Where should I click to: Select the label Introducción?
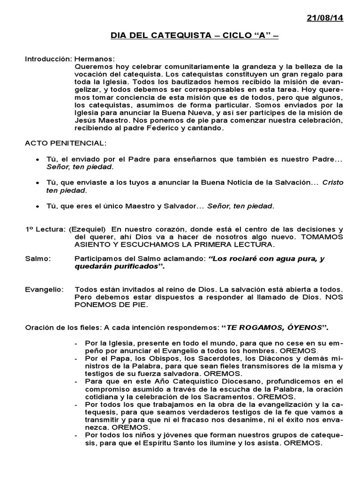click(48, 60)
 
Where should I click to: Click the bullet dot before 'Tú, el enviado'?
click(37, 160)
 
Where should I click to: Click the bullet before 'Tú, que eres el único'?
click(37, 206)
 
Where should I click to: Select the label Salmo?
click(38, 259)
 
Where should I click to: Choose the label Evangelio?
click(45, 290)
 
